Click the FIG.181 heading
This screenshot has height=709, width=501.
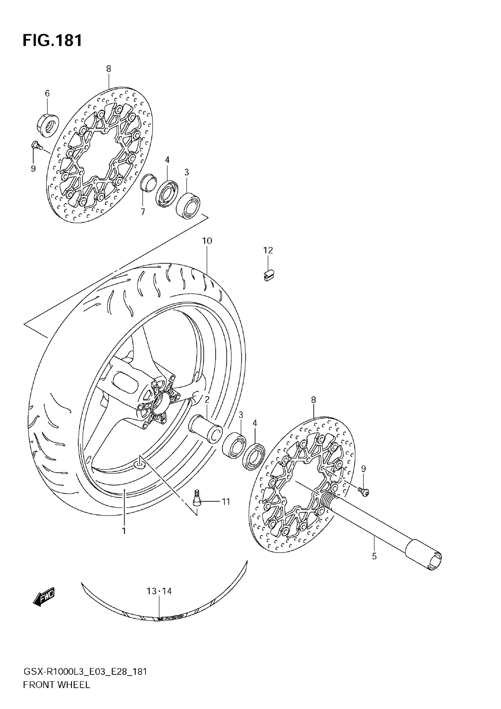tap(52, 40)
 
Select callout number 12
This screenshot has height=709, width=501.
tap(268, 251)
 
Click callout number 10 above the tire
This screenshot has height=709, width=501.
tap(207, 241)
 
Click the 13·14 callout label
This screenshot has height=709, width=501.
tap(159, 591)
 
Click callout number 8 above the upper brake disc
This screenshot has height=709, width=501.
tap(108, 69)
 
